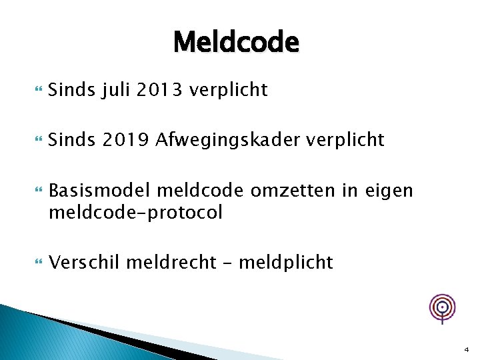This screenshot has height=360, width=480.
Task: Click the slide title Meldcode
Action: [x=236, y=43]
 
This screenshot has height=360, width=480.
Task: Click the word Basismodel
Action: [x=100, y=191]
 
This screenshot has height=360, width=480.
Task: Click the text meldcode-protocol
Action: [x=135, y=213]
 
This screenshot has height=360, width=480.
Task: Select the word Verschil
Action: [x=84, y=263]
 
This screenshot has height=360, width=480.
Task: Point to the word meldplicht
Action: [x=285, y=263]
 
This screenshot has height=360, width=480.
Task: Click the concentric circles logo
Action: [x=442, y=307]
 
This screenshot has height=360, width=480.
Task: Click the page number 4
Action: [x=466, y=349]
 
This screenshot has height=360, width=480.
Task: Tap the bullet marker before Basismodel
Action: [x=36, y=191]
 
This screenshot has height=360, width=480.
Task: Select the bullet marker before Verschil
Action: [x=36, y=263]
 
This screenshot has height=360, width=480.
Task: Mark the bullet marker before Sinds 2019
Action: [x=36, y=141]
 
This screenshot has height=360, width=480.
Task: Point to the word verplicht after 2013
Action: [x=229, y=90]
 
